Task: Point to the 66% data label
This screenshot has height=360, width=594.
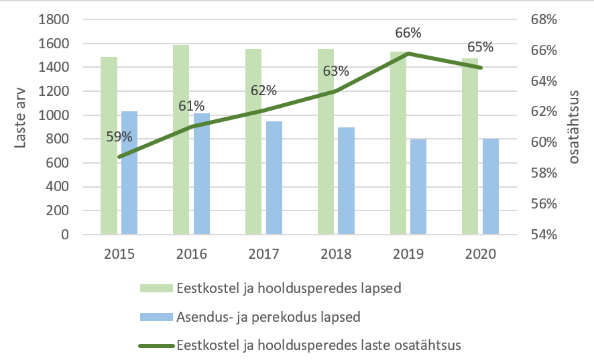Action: (408, 33)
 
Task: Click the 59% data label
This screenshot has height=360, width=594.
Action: (119, 137)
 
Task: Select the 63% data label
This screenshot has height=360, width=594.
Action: (336, 71)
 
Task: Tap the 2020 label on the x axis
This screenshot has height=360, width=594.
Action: (481, 255)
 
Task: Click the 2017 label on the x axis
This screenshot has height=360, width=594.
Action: (264, 255)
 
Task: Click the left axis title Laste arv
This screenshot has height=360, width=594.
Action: (21, 127)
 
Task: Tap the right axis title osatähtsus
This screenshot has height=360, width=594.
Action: (577, 127)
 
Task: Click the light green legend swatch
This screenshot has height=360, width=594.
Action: (156, 288)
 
